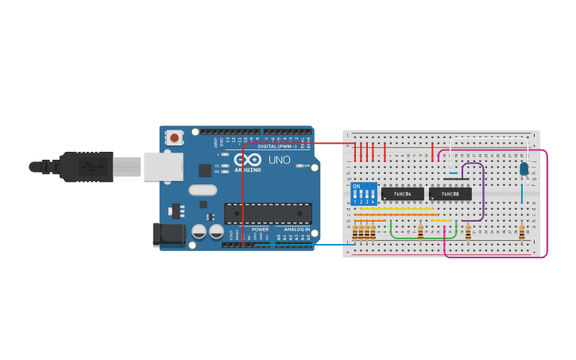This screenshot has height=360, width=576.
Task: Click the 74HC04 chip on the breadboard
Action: click(x=402, y=194)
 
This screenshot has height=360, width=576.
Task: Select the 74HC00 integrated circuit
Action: click(x=450, y=194)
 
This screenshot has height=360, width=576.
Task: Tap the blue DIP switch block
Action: click(x=364, y=195)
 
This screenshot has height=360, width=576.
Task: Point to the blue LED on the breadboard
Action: click(x=524, y=168)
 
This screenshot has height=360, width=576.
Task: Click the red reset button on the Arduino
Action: click(x=174, y=137)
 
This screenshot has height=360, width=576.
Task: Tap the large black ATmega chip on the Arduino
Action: click(x=268, y=213)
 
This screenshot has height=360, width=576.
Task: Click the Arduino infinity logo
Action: click(x=247, y=160)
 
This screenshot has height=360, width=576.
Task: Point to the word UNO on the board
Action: click(x=279, y=160)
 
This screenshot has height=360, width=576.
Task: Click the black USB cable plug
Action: click(x=79, y=167)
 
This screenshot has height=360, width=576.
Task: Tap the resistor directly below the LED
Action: click(x=521, y=231)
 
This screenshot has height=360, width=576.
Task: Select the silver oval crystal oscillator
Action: click(x=203, y=190)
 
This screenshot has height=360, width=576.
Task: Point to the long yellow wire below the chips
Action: click(x=396, y=209)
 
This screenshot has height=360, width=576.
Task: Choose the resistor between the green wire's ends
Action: click(x=420, y=231)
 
